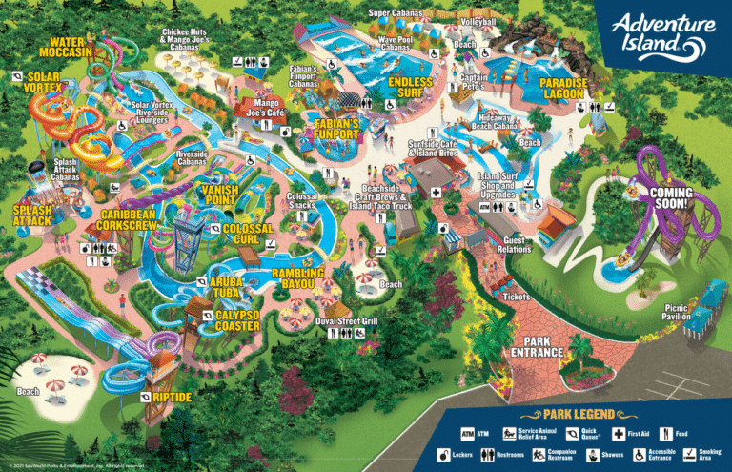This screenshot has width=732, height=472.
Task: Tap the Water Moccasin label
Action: [72, 48]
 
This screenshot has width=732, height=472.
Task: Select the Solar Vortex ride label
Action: [44, 82]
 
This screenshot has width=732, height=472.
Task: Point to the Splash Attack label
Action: [31, 215]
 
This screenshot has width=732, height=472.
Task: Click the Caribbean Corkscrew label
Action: [129, 225]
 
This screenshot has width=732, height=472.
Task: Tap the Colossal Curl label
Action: [248, 234]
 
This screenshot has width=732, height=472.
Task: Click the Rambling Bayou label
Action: [298, 278]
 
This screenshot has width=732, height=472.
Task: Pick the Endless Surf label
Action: [411, 88]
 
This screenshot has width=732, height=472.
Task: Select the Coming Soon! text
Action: [671, 198]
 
